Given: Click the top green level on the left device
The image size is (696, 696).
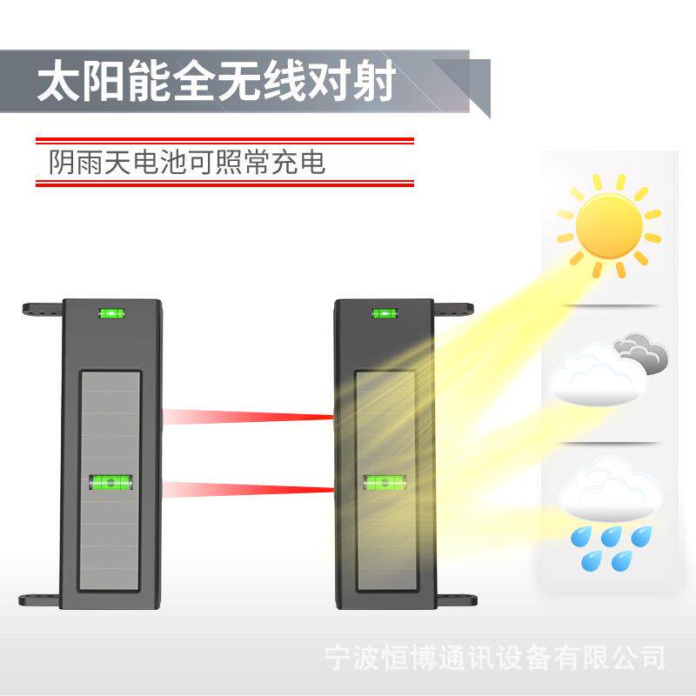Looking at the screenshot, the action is coord(111,313).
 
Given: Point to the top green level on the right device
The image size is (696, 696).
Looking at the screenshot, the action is coord(383,313).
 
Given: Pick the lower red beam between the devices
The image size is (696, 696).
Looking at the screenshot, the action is coord(249,489).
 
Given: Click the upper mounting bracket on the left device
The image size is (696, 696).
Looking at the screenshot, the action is coord(42,309).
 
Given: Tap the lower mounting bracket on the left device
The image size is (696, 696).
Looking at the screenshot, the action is coord(40,599).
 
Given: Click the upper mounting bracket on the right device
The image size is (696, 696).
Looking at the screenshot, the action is coord(452,309).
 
